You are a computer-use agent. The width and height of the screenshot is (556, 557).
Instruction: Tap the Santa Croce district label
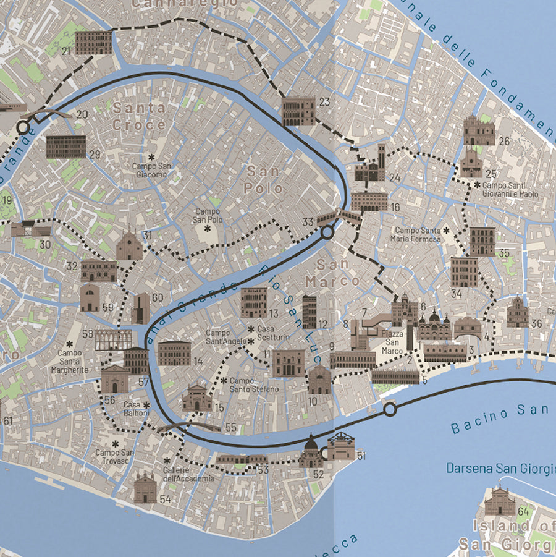coord(139,116)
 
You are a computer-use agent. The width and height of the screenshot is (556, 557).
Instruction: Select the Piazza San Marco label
coord(394,342)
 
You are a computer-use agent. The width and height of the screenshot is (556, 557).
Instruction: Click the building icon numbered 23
coord(298,111)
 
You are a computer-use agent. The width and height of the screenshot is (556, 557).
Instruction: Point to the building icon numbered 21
coord(93,43)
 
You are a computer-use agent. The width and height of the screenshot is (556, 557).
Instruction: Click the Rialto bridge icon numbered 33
coord(339,217)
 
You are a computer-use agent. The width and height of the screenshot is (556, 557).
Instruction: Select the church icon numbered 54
coord(145,488)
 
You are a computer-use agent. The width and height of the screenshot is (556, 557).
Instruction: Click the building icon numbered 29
coord(66,147)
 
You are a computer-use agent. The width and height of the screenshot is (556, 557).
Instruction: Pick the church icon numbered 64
coord(500,501)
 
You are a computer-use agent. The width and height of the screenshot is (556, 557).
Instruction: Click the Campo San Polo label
coord(207,215)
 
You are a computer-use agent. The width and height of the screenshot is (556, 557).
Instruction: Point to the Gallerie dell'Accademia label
coord(189,474)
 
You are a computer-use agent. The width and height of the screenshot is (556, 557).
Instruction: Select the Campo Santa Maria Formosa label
coord(417,234)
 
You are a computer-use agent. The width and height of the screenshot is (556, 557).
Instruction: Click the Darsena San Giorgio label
coord(500,468)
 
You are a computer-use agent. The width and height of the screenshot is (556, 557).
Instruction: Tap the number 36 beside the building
coord(536,323)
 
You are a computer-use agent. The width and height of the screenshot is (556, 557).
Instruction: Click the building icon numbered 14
coord(174,353)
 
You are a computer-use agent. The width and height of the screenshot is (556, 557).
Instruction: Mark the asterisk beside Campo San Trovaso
coord(115,444)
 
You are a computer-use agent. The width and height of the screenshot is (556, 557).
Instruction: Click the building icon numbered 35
coord(482,241)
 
